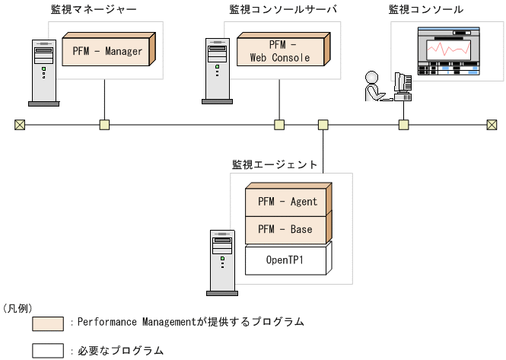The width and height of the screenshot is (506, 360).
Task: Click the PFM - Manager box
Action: coord(107,51)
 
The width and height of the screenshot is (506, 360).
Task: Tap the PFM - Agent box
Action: coord(287,202)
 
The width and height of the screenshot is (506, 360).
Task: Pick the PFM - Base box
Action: coord(287,229)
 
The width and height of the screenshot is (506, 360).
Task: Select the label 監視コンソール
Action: coord(425,10)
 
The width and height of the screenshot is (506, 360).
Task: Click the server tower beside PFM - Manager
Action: coord(43,72)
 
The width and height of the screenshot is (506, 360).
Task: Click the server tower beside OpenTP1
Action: coord(221,263)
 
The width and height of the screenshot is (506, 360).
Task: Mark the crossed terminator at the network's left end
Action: coord(20,125)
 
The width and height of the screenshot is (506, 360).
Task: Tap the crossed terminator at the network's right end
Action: coord(492,125)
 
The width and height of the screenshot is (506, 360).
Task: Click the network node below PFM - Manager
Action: coord(104,125)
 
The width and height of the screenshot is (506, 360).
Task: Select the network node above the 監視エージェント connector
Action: coord(323,125)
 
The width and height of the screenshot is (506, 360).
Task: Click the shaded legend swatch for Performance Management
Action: coord(47,323)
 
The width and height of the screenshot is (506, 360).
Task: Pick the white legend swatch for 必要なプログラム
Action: coord(47,350)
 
